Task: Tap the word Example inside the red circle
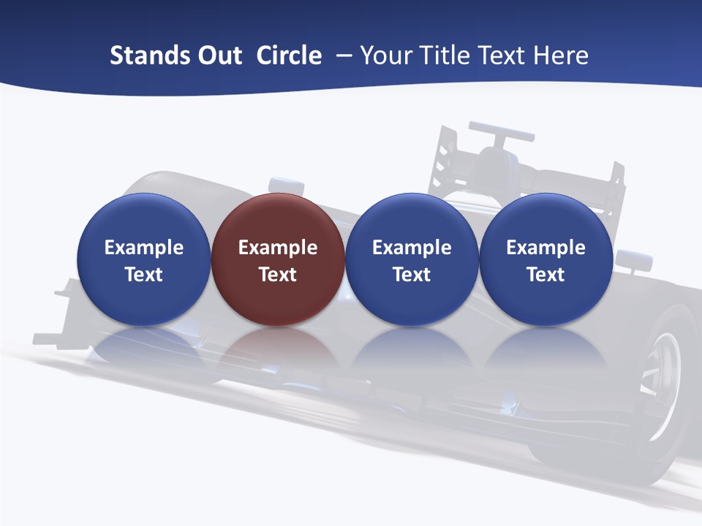point(278,248)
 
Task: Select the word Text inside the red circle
point(278,275)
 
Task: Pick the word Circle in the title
point(289,56)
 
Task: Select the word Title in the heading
point(443,56)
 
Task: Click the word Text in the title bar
point(502,56)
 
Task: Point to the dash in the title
point(344,56)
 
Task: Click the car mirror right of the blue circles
point(633,259)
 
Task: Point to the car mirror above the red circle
point(285,185)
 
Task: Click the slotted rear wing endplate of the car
point(447,157)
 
